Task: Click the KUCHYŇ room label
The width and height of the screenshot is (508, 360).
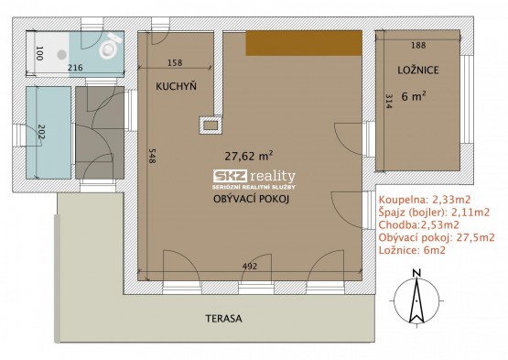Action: click(x=176, y=86)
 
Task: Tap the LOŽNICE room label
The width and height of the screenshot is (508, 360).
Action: click(x=418, y=70)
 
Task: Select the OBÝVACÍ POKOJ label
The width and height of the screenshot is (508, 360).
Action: click(x=251, y=199)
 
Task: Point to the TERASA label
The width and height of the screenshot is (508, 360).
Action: click(x=223, y=318)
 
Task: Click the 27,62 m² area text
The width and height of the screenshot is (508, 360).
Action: click(x=248, y=156)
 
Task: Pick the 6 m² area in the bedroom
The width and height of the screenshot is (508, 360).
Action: click(x=414, y=96)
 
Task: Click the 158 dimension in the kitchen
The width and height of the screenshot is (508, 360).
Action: click(x=175, y=62)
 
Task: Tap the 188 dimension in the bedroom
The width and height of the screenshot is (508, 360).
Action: click(x=418, y=45)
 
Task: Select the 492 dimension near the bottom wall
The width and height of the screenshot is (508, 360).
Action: click(x=250, y=266)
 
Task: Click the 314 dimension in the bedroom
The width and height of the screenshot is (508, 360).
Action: click(x=389, y=101)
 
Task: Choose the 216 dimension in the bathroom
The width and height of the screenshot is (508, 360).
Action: click(x=75, y=68)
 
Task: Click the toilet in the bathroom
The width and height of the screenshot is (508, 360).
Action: click(x=110, y=46)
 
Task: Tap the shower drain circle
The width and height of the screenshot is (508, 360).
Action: click(x=62, y=54)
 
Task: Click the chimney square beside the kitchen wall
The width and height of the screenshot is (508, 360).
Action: click(x=211, y=125)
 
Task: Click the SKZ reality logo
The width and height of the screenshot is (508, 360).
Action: click(x=254, y=180)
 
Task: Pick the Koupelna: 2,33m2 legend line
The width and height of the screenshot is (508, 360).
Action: click(x=425, y=199)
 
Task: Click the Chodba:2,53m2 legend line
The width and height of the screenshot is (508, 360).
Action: click(x=419, y=224)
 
